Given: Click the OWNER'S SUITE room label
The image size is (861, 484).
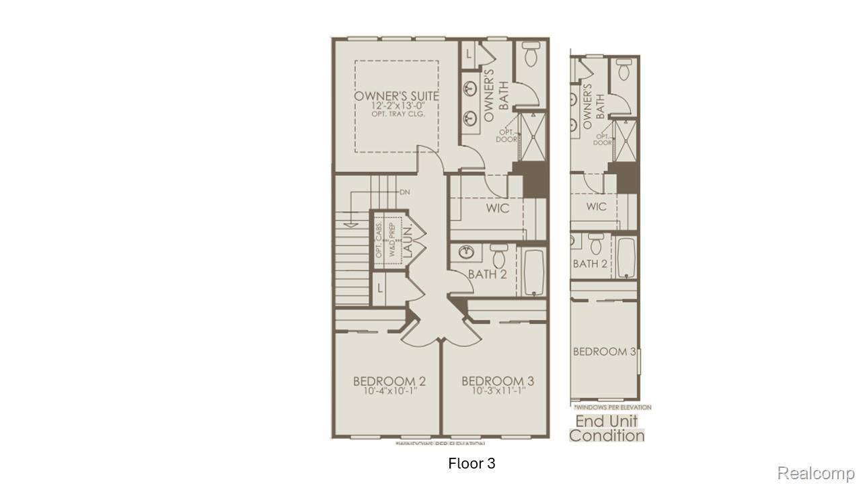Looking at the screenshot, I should click(396, 95).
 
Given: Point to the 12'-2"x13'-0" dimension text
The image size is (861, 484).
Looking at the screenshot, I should click(396, 106).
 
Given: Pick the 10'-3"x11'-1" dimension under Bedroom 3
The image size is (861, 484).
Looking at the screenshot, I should click(498, 391).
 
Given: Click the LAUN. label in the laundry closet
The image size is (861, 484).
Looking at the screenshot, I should click(408, 243).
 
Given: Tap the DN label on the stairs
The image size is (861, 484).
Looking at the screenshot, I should click(404, 192).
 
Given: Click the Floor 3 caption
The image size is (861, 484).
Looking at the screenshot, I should click(472, 464).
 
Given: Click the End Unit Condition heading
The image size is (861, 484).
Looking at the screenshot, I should click(607, 428).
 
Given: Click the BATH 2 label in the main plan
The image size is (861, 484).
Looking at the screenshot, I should click(488, 274).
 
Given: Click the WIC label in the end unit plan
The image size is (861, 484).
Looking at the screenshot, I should click(596, 206).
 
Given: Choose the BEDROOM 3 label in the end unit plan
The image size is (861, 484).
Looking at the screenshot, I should click(604, 352).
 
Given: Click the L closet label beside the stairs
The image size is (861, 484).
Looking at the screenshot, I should click(380, 288).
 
